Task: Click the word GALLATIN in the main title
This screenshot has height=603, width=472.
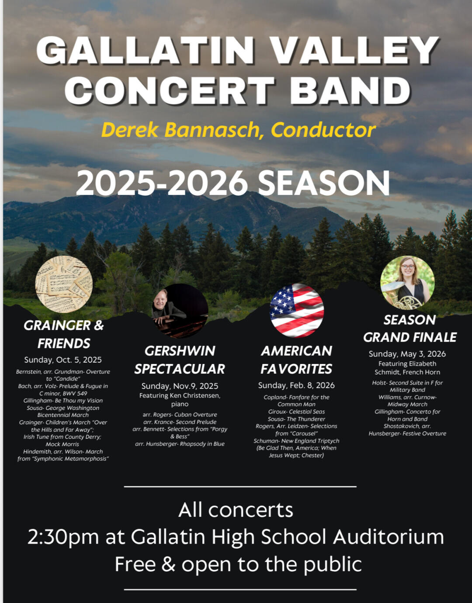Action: pos(146,50)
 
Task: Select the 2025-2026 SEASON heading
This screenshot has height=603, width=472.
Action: pos(233,183)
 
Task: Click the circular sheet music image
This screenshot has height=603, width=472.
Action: pos(64,284)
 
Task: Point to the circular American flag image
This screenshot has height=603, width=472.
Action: pos(297,311)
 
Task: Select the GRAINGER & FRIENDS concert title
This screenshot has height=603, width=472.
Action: pos(64,334)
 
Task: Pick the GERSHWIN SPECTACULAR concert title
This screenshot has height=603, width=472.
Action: pos(180,360)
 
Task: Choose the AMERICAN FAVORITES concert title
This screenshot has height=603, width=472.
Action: pos(296,360)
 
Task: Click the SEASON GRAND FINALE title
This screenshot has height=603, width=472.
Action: pos(410,329)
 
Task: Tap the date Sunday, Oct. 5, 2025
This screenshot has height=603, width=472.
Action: pos(63,360)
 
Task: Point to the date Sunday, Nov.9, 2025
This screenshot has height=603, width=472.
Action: pos(180,386)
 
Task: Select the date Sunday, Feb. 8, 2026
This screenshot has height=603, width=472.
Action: pos(296,385)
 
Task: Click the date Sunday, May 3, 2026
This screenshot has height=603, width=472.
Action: pos(407,354)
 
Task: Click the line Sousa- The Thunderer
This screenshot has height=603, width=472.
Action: pos(296,419)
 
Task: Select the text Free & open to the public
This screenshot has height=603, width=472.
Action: pos(238,564)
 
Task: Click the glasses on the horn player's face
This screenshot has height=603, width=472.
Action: pos(408,267)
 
